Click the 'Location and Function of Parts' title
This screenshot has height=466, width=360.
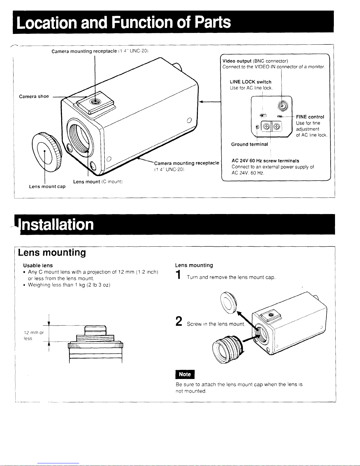coord(123,22)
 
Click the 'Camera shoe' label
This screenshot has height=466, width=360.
coord(34,96)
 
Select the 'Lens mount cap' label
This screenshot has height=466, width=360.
coord(47,187)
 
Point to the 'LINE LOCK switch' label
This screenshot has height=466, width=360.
coord(250,82)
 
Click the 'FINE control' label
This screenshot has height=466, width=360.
coord(310,117)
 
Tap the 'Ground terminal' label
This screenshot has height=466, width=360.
coord(250,144)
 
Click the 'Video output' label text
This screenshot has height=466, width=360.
coord(237,61)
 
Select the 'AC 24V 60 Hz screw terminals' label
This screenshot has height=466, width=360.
coord(265,161)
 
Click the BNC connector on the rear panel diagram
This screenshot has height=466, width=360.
coord(283,106)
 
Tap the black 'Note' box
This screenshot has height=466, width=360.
coord(185,375)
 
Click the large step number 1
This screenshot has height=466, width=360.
coord(178,275)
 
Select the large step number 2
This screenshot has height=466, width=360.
coord(179,321)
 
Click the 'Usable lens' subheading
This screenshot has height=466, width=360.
coord(38,265)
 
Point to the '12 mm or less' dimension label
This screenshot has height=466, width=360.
coord(34,335)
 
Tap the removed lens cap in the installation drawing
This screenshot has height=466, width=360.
coord(229,303)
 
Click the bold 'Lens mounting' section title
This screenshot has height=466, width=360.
coord(52,253)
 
